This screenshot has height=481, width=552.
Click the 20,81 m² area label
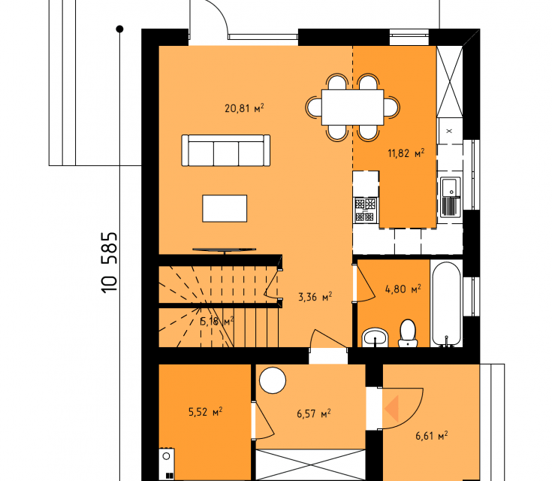click(x=244, y=107)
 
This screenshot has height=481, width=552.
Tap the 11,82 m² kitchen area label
click(x=406, y=153)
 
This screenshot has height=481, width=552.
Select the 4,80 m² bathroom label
click(x=403, y=289)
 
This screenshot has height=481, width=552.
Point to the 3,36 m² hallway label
click(x=315, y=297)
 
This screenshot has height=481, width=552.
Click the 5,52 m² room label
click(x=205, y=412)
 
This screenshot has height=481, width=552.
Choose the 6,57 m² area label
click(x=314, y=413)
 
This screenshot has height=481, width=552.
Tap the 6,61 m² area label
click(x=432, y=436)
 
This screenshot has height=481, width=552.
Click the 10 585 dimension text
click(x=109, y=262)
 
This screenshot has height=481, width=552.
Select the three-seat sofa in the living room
click(x=225, y=150)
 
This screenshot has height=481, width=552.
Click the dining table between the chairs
click(x=352, y=107)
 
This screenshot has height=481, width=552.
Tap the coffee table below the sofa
click(x=225, y=208)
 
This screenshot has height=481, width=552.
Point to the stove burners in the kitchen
click(x=366, y=210)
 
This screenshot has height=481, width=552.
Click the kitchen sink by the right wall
click(x=451, y=197)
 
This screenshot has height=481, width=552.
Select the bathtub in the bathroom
click(x=446, y=304)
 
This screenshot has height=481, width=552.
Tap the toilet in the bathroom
click(x=408, y=333)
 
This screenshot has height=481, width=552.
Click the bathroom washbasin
click(x=375, y=337)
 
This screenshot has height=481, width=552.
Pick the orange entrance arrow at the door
click(x=391, y=409)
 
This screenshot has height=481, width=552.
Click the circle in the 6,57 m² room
click(x=273, y=380)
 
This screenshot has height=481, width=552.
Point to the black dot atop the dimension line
click(x=119, y=29)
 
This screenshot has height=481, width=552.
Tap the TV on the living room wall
click(x=225, y=250)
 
